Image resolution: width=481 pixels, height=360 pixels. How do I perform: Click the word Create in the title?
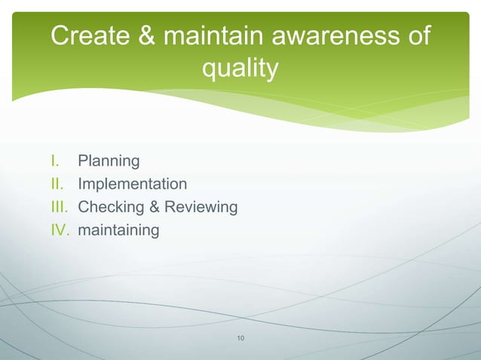[x=88, y=35]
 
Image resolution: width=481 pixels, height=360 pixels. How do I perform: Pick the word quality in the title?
[x=240, y=69]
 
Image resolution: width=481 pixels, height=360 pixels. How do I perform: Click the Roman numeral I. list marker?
[x=55, y=160]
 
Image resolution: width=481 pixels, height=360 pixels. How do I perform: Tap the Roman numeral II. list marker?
[x=57, y=184]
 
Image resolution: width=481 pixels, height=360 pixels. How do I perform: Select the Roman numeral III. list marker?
[x=60, y=206]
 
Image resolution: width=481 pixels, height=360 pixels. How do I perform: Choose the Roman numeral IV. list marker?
[x=60, y=230]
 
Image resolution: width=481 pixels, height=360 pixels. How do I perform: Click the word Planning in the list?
[x=109, y=161]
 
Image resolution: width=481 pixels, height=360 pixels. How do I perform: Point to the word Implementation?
[x=133, y=184]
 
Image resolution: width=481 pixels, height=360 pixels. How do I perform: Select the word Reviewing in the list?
[x=201, y=207]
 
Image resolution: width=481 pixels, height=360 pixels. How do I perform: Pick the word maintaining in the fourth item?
[x=118, y=230]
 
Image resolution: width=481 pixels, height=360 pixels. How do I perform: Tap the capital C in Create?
[x=60, y=35]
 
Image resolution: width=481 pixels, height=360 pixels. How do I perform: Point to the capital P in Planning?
[x=83, y=160]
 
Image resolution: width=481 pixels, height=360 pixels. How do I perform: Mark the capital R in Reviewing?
[x=170, y=206]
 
